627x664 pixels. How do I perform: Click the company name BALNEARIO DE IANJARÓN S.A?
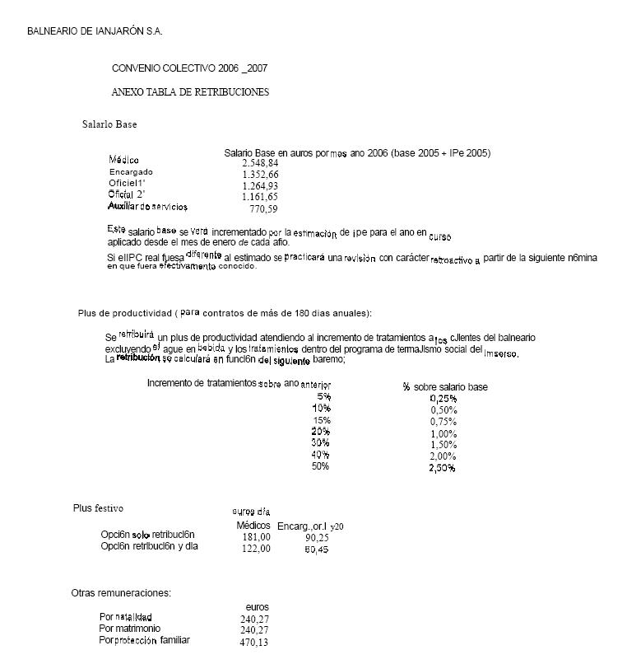pyautogui.click(x=95, y=31)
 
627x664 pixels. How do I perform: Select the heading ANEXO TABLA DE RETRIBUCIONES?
pyautogui.click(x=190, y=92)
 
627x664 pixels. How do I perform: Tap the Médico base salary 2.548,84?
pyautogui.click(x=261, y=163)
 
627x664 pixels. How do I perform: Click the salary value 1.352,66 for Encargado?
pyautogui.click(x=261, y=175)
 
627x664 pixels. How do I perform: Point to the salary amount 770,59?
pyautogui.click(x=263, y=209)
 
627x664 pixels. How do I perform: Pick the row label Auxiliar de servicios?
pyautogui.click(x=148, y=206)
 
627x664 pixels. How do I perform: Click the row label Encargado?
pyautogui.click(x=131, y=172)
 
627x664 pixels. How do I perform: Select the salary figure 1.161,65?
pyautogui.click(x=260, y=198)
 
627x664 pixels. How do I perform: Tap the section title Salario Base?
pyautogui.click(x=109, y=124)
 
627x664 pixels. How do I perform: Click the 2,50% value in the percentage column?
pyautogui.click(x=443, y=468)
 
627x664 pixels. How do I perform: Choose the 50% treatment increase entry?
pyautogui.click(x=320, y=466)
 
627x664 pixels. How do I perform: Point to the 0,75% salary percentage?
pyautogui.click(x=443, y=422)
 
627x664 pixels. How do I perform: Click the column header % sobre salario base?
pyautogui.click(x=445, y=387)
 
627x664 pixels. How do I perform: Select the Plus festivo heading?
pyautogui.click(x=98, y=508)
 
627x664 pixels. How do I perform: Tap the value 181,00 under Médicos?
pyautogui.click(x=256, y=537)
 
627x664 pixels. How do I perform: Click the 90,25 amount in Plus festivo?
pyautogui.click(x=317, y=537)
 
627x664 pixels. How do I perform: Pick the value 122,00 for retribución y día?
pyautogui.click(x=256, y=549)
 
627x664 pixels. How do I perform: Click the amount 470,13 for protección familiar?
pyautogui.click(x=254, y=643)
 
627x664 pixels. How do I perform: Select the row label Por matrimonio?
pyautogui.click(x=130, y=629)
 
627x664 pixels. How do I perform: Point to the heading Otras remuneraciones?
pyautogui.click(x=121, y=592)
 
